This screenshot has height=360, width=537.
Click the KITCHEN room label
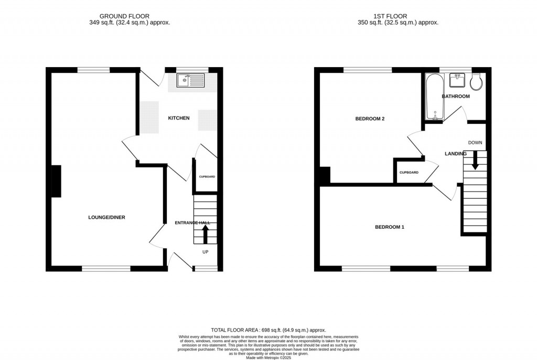178,118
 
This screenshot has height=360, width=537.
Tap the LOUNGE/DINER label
106,217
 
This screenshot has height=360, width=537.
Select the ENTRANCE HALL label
192,223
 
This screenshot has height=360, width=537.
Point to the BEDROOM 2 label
370,119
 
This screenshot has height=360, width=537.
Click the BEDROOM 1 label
389,227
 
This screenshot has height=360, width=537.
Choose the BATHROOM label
455,97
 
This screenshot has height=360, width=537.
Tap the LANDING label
455,154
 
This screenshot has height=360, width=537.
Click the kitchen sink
190,80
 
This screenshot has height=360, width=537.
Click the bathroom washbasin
456,81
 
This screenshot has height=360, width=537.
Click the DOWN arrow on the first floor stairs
475,160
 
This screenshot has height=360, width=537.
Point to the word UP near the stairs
206,252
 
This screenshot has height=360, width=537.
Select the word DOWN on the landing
475,143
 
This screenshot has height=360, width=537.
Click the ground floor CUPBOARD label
207,177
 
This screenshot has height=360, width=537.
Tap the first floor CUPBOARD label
409,173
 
